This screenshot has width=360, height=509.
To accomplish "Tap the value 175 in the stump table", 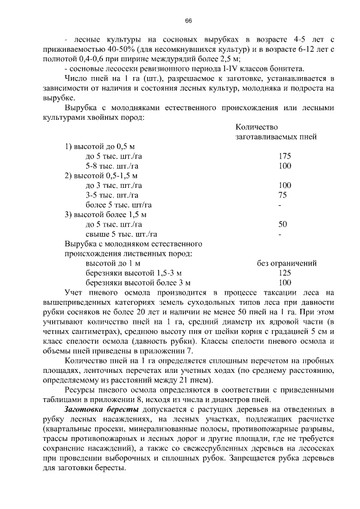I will point(285,156).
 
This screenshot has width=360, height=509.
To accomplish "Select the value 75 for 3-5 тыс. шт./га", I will point(282,195).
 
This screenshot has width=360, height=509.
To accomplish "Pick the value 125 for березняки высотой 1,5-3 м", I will point(285,273).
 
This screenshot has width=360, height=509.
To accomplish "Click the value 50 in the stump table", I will point(283,224).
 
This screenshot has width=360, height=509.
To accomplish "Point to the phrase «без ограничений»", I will point(286,263).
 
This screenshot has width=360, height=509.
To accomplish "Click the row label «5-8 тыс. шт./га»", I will point(113,166).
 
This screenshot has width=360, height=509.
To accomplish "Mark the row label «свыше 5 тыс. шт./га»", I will point(121,234).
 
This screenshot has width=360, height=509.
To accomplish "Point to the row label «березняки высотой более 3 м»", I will point(138,283).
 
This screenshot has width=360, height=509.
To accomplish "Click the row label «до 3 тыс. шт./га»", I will point(113,185).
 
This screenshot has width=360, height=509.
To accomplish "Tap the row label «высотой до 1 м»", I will point(112,263).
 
